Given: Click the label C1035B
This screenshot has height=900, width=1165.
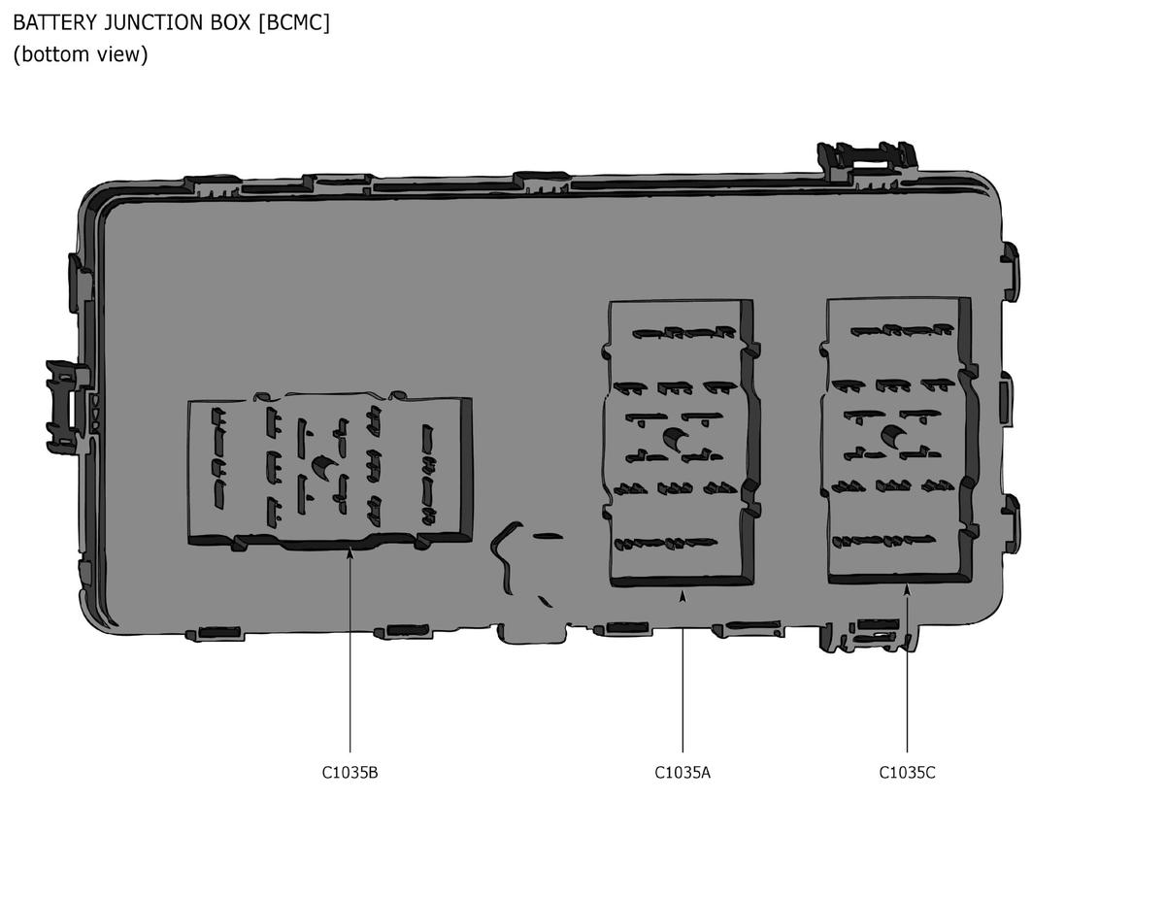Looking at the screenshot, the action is click(349, 773).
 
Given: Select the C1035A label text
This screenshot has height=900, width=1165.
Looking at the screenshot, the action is click(682, 773).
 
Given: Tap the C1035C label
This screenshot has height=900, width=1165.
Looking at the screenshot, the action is click(907, 773).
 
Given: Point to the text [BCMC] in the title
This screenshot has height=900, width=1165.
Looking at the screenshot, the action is click(294, 22).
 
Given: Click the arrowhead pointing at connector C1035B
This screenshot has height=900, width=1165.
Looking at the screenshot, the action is click(349, 552).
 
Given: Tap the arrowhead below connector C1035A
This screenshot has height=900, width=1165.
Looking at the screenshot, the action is click(682, 596).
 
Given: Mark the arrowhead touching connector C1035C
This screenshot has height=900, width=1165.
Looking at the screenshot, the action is click(907, 589).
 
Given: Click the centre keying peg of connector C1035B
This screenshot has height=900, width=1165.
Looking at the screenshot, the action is click(323, 466).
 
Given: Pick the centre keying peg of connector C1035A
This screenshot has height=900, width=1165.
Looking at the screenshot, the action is click(675, 438).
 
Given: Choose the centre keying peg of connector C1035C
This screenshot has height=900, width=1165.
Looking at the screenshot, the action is click(892, 436).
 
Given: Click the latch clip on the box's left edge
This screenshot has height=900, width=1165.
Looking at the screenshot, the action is click(68, 408).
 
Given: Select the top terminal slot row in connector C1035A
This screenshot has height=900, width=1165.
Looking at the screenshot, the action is click(683, 332).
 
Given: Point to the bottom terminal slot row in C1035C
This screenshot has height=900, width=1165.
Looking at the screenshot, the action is click(883, 541).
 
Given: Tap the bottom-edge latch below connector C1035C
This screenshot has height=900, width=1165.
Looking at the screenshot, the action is click(868, 636).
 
